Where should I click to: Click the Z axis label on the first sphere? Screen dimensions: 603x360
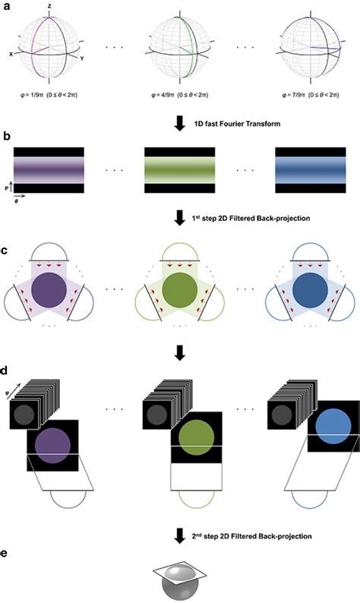click(x=49, y=5)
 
